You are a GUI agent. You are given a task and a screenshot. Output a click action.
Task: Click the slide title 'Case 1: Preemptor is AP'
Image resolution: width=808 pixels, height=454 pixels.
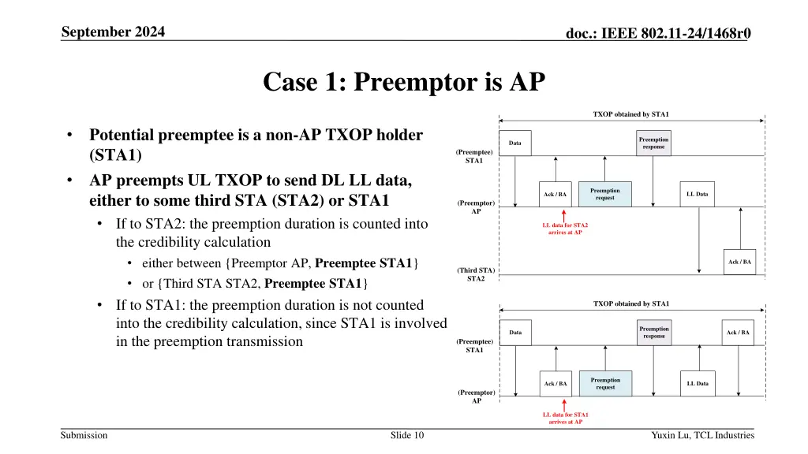(x=403, y=82)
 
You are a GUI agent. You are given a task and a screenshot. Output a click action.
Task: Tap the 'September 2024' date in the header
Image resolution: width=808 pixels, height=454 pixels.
(x=118, y=32)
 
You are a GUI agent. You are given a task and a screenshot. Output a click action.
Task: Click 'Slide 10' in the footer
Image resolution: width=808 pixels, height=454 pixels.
(x=407, y=435)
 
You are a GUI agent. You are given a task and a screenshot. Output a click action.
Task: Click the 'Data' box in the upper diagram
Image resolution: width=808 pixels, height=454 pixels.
(x=515, y=143)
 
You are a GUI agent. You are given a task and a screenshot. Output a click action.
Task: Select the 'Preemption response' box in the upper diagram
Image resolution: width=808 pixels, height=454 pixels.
(x=653, y=143)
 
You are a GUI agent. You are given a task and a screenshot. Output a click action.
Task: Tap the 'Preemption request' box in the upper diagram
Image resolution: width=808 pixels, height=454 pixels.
(x=605, y=194)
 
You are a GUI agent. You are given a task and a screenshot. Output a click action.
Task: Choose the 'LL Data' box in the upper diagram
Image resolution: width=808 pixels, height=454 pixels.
(x=698, y=194)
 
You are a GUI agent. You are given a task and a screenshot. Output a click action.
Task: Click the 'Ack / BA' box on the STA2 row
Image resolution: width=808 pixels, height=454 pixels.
(x=740, y=262)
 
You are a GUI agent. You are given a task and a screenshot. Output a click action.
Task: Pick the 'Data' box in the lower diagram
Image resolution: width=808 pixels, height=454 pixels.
(x=515, y=333)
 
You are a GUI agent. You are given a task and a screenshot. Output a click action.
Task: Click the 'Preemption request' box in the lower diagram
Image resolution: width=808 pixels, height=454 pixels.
(x=605, y=383)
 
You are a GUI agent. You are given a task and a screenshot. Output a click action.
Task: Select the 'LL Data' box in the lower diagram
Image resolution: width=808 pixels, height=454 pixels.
(x=698, y=383)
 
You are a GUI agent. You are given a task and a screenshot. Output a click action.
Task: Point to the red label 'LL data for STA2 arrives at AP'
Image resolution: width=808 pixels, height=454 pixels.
(x=565, y=229)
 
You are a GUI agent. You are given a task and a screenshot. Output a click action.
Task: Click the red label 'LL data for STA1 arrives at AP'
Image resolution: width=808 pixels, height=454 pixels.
(x=565, y=418)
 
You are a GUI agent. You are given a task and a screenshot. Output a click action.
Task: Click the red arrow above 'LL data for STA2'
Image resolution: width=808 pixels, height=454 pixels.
(x=565, y=214)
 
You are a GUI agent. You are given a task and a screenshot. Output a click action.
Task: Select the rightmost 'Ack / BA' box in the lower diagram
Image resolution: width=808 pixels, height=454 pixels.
(x=739, y=333)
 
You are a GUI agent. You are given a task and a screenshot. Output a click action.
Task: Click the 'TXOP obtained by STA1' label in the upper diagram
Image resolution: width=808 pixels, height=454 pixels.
(x=631, y=114)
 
